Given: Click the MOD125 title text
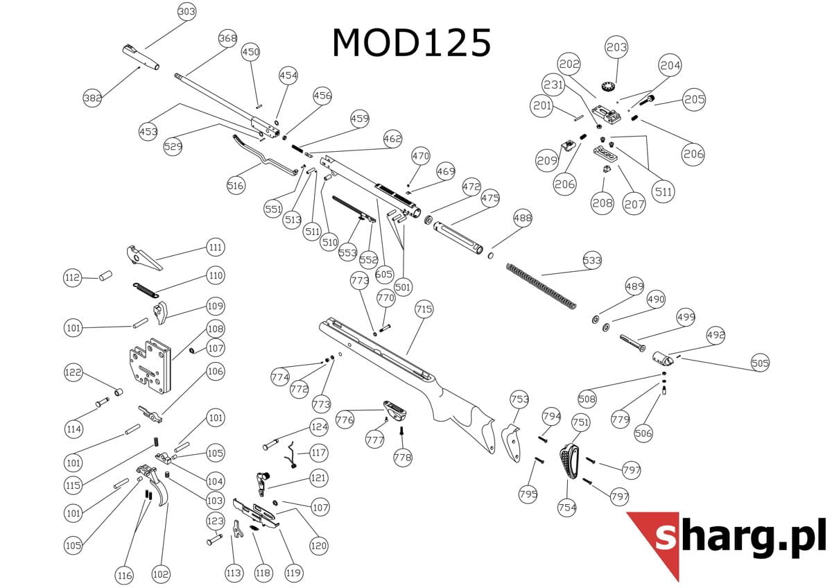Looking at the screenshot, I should tap(412, 43).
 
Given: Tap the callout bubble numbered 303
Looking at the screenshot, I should tap(187, 12).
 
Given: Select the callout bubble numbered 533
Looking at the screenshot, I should tap(591, 261).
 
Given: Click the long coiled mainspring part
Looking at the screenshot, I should tap(541, 284).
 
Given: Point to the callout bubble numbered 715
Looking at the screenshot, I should tap(424, 308).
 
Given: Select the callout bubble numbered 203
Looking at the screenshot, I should tap(616, 47).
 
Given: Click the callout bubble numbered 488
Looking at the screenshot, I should tap(522, 218).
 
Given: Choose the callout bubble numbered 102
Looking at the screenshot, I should tap(160, 574).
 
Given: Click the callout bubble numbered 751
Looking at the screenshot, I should tap(580, 422).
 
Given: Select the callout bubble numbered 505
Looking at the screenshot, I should tap(760, 363).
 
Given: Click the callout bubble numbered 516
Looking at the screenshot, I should tap(236, 185).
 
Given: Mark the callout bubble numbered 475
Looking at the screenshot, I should tap(490, 198).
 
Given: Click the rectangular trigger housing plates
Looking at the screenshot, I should tap(149, 366).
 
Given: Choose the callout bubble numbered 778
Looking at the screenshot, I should tap(402, 458).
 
